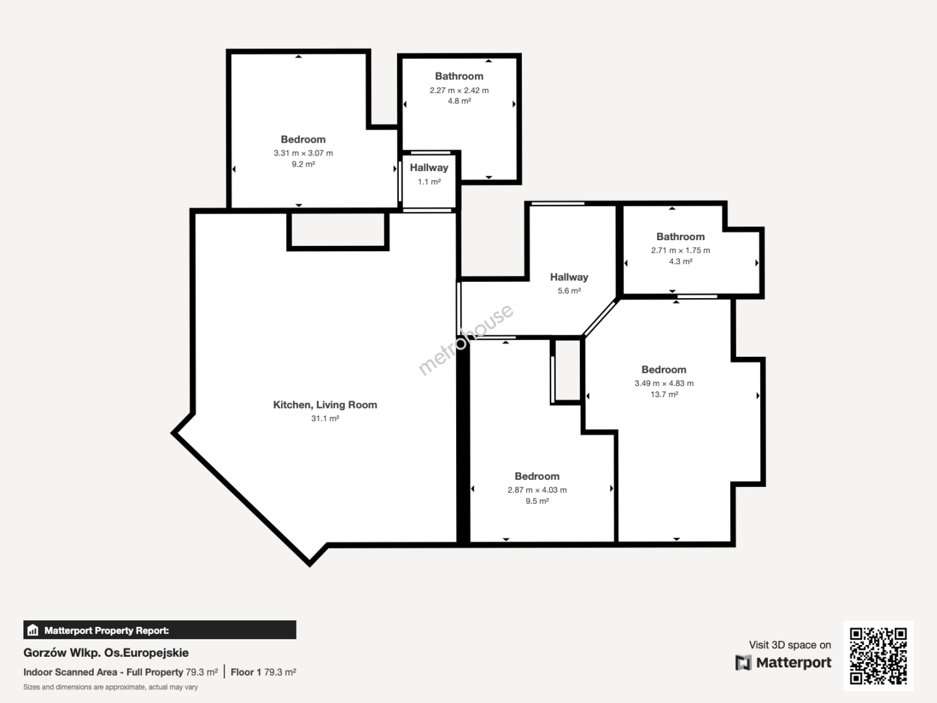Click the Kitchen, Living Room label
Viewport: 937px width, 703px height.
[325, 405]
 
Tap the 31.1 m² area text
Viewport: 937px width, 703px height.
[325, 419]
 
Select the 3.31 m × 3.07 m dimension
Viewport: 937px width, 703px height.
[303, 153]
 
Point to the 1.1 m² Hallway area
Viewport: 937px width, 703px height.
[429, 182]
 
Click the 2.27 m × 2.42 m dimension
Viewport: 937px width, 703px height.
[459, 90]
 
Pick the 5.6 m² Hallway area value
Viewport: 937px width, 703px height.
[569, 291]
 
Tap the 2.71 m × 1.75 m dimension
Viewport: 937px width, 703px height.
[681, 250]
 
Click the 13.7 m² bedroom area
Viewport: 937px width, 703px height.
[664, 394]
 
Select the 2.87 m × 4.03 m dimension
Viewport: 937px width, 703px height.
[537, 489]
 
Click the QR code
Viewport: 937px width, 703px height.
[878, 655]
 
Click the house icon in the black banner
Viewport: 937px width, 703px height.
[33, 630]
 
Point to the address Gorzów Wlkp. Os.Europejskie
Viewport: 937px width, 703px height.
[106, 653]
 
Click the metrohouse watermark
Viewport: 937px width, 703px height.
[465, 339]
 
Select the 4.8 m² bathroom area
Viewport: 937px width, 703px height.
[459, 101]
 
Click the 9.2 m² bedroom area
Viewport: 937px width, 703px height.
[303, 164]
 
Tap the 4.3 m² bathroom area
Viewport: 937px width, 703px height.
[681, 261]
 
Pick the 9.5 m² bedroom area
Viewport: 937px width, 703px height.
[537, 501]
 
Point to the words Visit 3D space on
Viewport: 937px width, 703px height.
[790, 644]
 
